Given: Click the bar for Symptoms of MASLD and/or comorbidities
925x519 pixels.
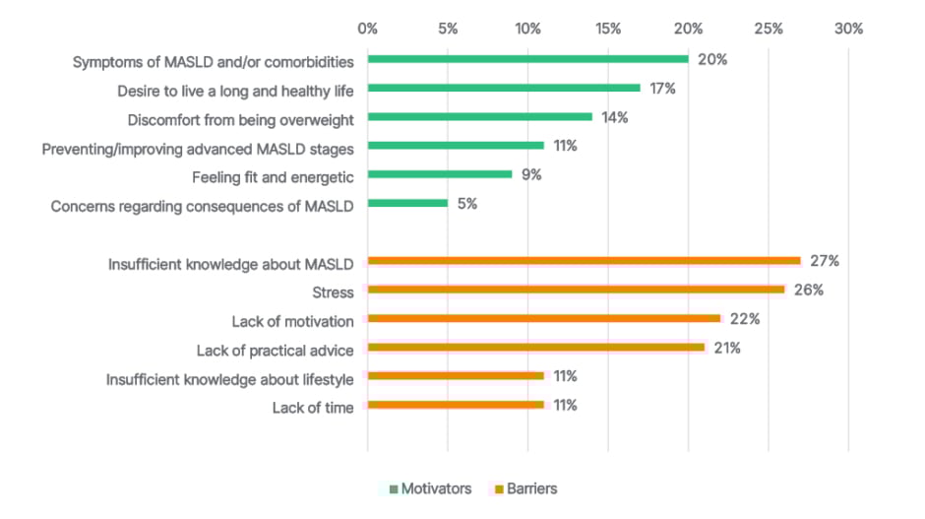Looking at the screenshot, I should [x=527, y=59].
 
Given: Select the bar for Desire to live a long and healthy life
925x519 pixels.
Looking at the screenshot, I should [x=504, y=89].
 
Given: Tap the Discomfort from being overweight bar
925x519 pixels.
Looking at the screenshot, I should [x=480, y=117].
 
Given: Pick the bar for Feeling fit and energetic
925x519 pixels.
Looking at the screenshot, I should [x=440, y=174].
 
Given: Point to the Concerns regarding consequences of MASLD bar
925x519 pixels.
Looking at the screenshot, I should [x=407, y=204].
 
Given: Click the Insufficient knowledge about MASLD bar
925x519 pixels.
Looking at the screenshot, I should [x=585, y=261].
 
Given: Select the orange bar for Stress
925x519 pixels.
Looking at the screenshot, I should [x=576, y=290].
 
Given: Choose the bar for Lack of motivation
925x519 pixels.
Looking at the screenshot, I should [x=544, y=318].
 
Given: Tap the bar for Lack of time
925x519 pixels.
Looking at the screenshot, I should [x=456, y=405].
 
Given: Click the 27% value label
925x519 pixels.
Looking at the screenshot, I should [x=824, y=261].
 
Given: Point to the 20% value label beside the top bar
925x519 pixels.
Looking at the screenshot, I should [x=711, y=59].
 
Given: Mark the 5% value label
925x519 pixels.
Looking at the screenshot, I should [x=467, y=204].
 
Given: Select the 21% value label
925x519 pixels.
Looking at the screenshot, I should [x=727, y=348].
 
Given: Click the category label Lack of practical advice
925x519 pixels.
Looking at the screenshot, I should [x=275, y=348].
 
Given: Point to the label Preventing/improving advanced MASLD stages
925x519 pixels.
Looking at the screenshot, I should [x=198, y=147].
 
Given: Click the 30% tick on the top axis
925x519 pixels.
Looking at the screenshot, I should [x=848, y=29].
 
